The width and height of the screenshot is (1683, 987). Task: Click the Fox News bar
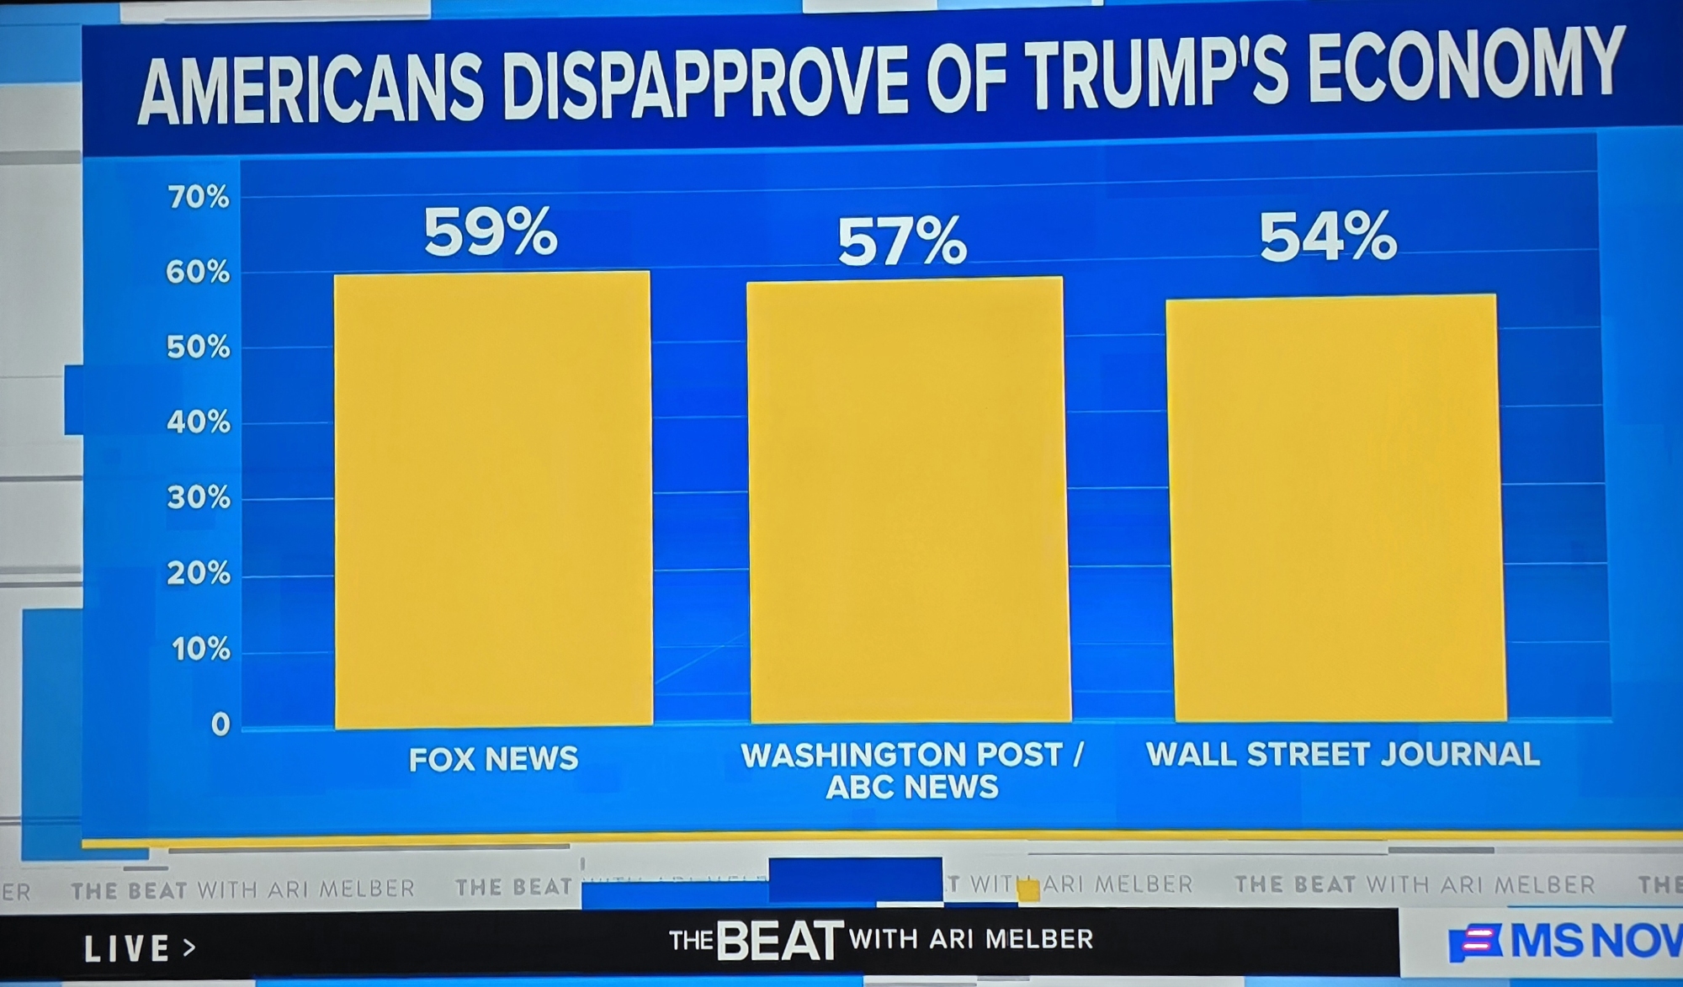(x=493, y=500)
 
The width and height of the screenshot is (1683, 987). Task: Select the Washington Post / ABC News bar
(x=908, y=500)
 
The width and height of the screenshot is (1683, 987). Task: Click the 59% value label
(x=490, y=231)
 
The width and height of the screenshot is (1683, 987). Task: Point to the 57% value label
(x=902, y=241)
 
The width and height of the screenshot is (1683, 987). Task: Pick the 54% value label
(x=1328, y=236)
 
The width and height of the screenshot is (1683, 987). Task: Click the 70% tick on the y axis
(x=198, y=198)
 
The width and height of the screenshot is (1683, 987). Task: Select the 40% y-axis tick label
(x=198, y=422)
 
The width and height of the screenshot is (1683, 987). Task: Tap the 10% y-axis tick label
(x=200, y=650)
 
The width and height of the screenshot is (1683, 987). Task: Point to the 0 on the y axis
(x=220, y=724)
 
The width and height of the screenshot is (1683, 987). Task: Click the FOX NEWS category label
(x=493, y=759)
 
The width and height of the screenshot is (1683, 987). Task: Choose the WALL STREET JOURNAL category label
(x=1343, y=754)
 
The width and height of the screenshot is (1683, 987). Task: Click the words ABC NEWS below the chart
(x=912, y=788)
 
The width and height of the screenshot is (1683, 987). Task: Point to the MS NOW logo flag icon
(x=1474, y=943)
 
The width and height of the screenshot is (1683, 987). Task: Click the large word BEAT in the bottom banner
(x=779, y=940)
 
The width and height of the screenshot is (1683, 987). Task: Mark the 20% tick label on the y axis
(x=198, y=574)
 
